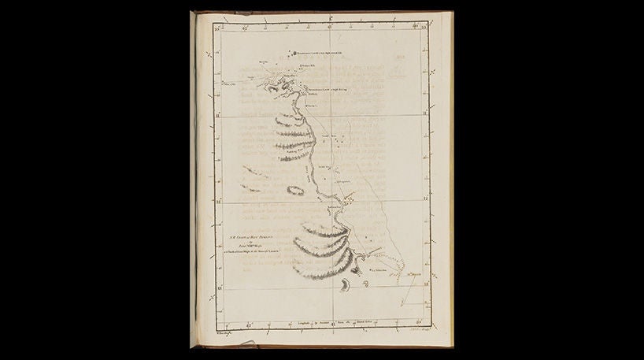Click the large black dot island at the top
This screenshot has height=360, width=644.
(x=276, y=53)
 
